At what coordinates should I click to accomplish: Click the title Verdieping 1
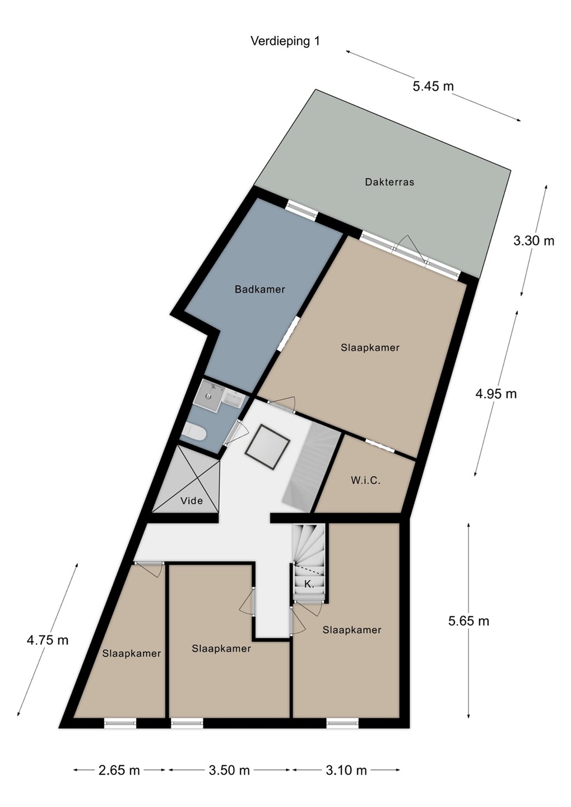pyautogui.click(x=285, y=41)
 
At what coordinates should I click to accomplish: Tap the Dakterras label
pyautogui.click(x=389, y=182)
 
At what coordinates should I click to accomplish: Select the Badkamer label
pyautogui.click(x=260, y=289)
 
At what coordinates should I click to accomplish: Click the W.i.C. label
pyautogui.click(x=365, y=480)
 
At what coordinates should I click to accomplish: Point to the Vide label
pyautogui.click(x=192, y=500)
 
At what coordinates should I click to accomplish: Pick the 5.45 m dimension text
pyautogui.click(x=433, y=86)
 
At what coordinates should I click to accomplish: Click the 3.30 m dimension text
pyautogui.click(x=533, y=240)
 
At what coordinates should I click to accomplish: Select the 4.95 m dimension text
pyautogui.click(x=496, y=394)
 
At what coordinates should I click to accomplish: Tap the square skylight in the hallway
pyautogui.click(x=268, y=447)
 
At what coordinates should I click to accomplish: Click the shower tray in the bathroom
pyautogui.click(x=208, y=395)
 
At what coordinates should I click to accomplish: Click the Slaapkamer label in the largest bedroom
pyautogui.click(x=370, y=347)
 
